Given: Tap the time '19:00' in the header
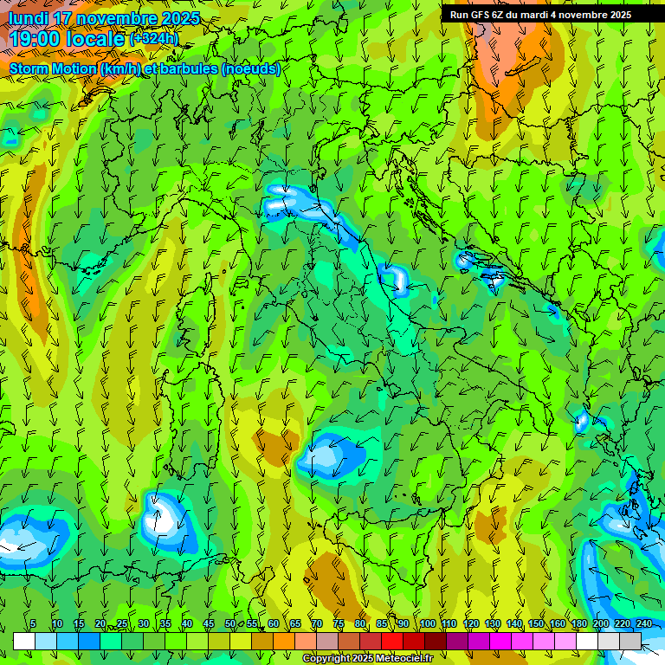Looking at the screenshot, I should [36, 39].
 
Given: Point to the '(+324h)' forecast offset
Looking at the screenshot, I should [153, 39].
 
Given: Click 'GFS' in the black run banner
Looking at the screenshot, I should [479, 15].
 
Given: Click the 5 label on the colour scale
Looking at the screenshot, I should [33, 624].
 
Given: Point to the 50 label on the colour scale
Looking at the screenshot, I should [230, 624].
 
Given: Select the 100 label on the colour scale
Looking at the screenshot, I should [428, 624].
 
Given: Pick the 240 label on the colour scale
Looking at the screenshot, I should [644, 624].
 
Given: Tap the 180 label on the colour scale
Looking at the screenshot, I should [578, 624].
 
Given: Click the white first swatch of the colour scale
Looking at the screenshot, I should [24, 641].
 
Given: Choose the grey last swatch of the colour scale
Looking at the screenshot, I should [630, 641].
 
